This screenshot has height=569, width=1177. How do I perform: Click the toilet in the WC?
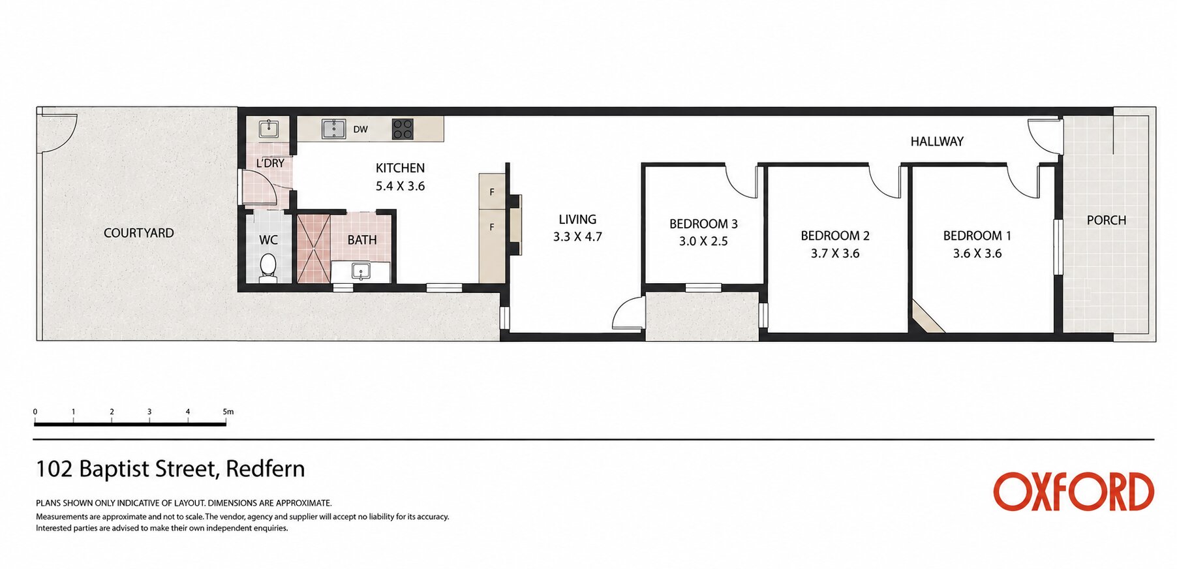268,268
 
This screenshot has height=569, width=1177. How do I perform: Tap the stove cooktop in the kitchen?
403,129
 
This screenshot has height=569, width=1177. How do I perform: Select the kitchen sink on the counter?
334,129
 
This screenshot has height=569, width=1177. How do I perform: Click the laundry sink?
269,129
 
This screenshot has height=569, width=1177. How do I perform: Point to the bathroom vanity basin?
361,270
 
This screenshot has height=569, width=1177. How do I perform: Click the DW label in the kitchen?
361,129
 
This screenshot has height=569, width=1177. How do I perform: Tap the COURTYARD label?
139,233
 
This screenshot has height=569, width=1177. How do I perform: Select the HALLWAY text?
937,141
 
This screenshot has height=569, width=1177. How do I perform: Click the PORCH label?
1107,221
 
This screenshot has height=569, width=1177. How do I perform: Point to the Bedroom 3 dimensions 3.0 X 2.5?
703,241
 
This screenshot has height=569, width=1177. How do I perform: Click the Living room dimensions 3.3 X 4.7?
577,237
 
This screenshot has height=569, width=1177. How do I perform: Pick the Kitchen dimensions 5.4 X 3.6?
400,187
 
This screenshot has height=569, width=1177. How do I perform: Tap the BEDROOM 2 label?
835,236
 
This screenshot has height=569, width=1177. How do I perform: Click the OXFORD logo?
1073,492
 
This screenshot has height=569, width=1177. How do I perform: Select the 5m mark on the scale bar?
228,412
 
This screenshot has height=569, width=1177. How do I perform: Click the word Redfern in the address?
265,469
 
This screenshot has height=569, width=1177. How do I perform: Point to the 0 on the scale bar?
35,412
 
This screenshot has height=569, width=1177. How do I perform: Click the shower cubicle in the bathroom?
314,249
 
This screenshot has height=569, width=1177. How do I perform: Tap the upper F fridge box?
492,191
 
